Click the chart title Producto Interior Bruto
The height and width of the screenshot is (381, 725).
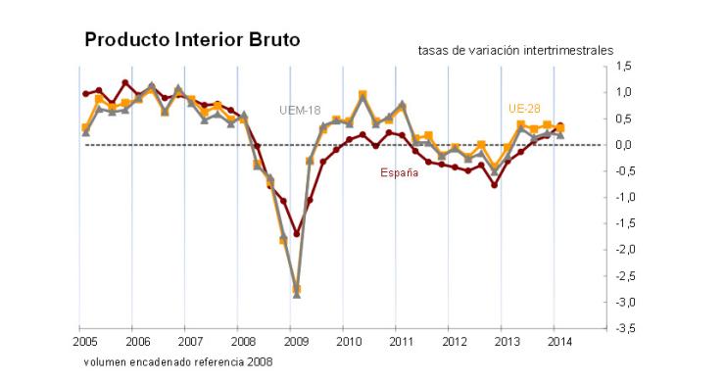click(192, 39)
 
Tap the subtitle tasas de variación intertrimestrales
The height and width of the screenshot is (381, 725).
click(514, 49)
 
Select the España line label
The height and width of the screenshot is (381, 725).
click(400, 173)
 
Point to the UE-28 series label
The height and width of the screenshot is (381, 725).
click(526, 108)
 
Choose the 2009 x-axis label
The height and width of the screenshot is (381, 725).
click(295, 342)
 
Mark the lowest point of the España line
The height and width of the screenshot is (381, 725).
click(296, 234)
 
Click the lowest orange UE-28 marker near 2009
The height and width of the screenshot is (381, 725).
click(296, 289)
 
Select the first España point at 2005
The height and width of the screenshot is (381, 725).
click(86, 94)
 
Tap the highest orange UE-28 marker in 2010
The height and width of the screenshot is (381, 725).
click(362, 94)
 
